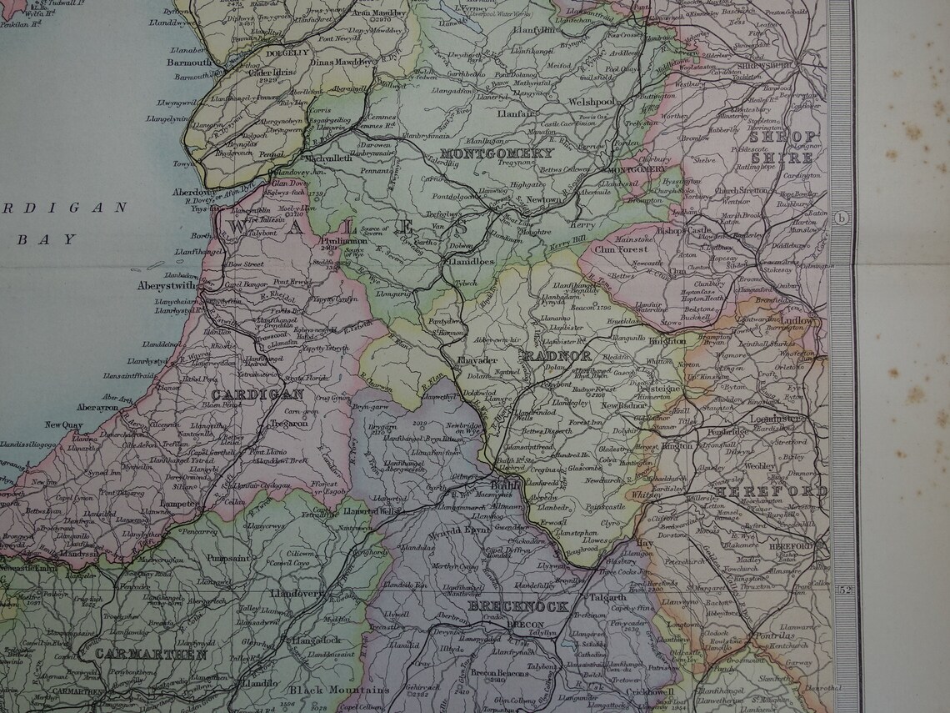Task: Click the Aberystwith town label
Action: point(167,284)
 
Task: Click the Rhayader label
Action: point(477,361)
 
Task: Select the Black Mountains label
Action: point(339,690)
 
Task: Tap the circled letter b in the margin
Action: point(842,219)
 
